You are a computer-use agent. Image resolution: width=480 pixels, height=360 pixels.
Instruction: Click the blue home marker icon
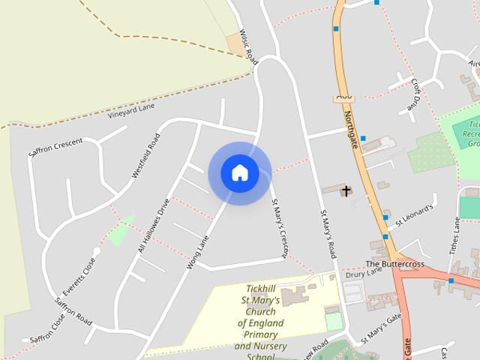tap(239, 172)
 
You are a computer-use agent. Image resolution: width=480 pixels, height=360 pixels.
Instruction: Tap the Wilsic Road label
tap(248, 46)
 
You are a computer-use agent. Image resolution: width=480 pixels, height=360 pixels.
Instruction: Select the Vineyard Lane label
tap(130, 110)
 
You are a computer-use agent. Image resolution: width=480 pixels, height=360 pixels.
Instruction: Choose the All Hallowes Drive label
tap(154, 226)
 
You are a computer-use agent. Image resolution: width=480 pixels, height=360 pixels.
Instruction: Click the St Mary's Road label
tap(328, 234)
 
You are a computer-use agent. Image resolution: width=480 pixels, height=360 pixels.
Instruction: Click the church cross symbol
tap(346, 190)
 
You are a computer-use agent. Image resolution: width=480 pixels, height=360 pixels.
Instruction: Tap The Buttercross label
tap(394, 265)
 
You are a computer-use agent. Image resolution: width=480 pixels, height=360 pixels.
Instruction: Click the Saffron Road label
tap(73, 310)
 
